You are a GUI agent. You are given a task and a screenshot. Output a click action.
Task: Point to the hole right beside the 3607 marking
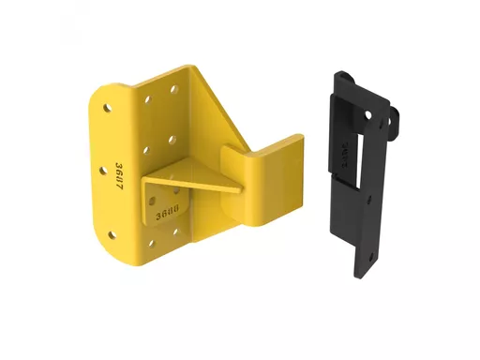coord(104,172)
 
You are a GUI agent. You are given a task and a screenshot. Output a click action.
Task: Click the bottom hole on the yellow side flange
coord(112,235)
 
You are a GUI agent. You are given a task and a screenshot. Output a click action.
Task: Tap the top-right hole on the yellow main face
coord(173,90)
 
